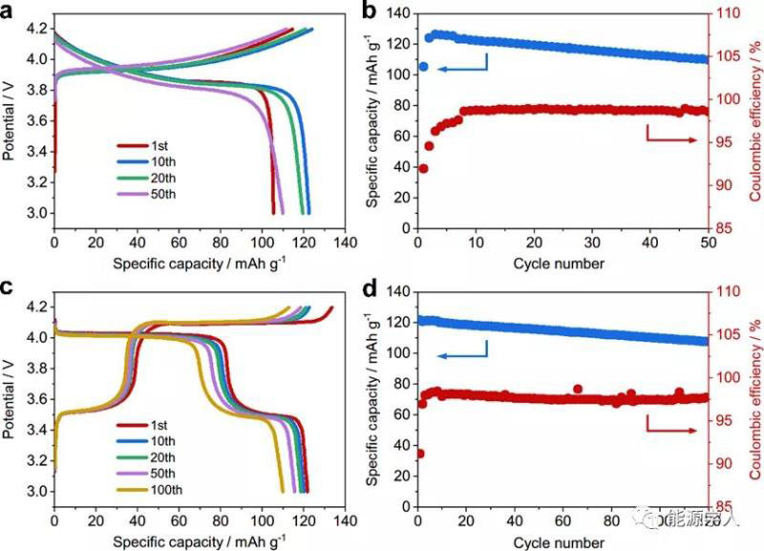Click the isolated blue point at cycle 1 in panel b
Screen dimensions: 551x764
coord(423,67)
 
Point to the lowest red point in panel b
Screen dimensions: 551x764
coord(423,168)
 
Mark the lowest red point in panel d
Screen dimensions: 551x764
coord(420,454)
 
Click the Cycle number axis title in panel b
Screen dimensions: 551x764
coord(562,262)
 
